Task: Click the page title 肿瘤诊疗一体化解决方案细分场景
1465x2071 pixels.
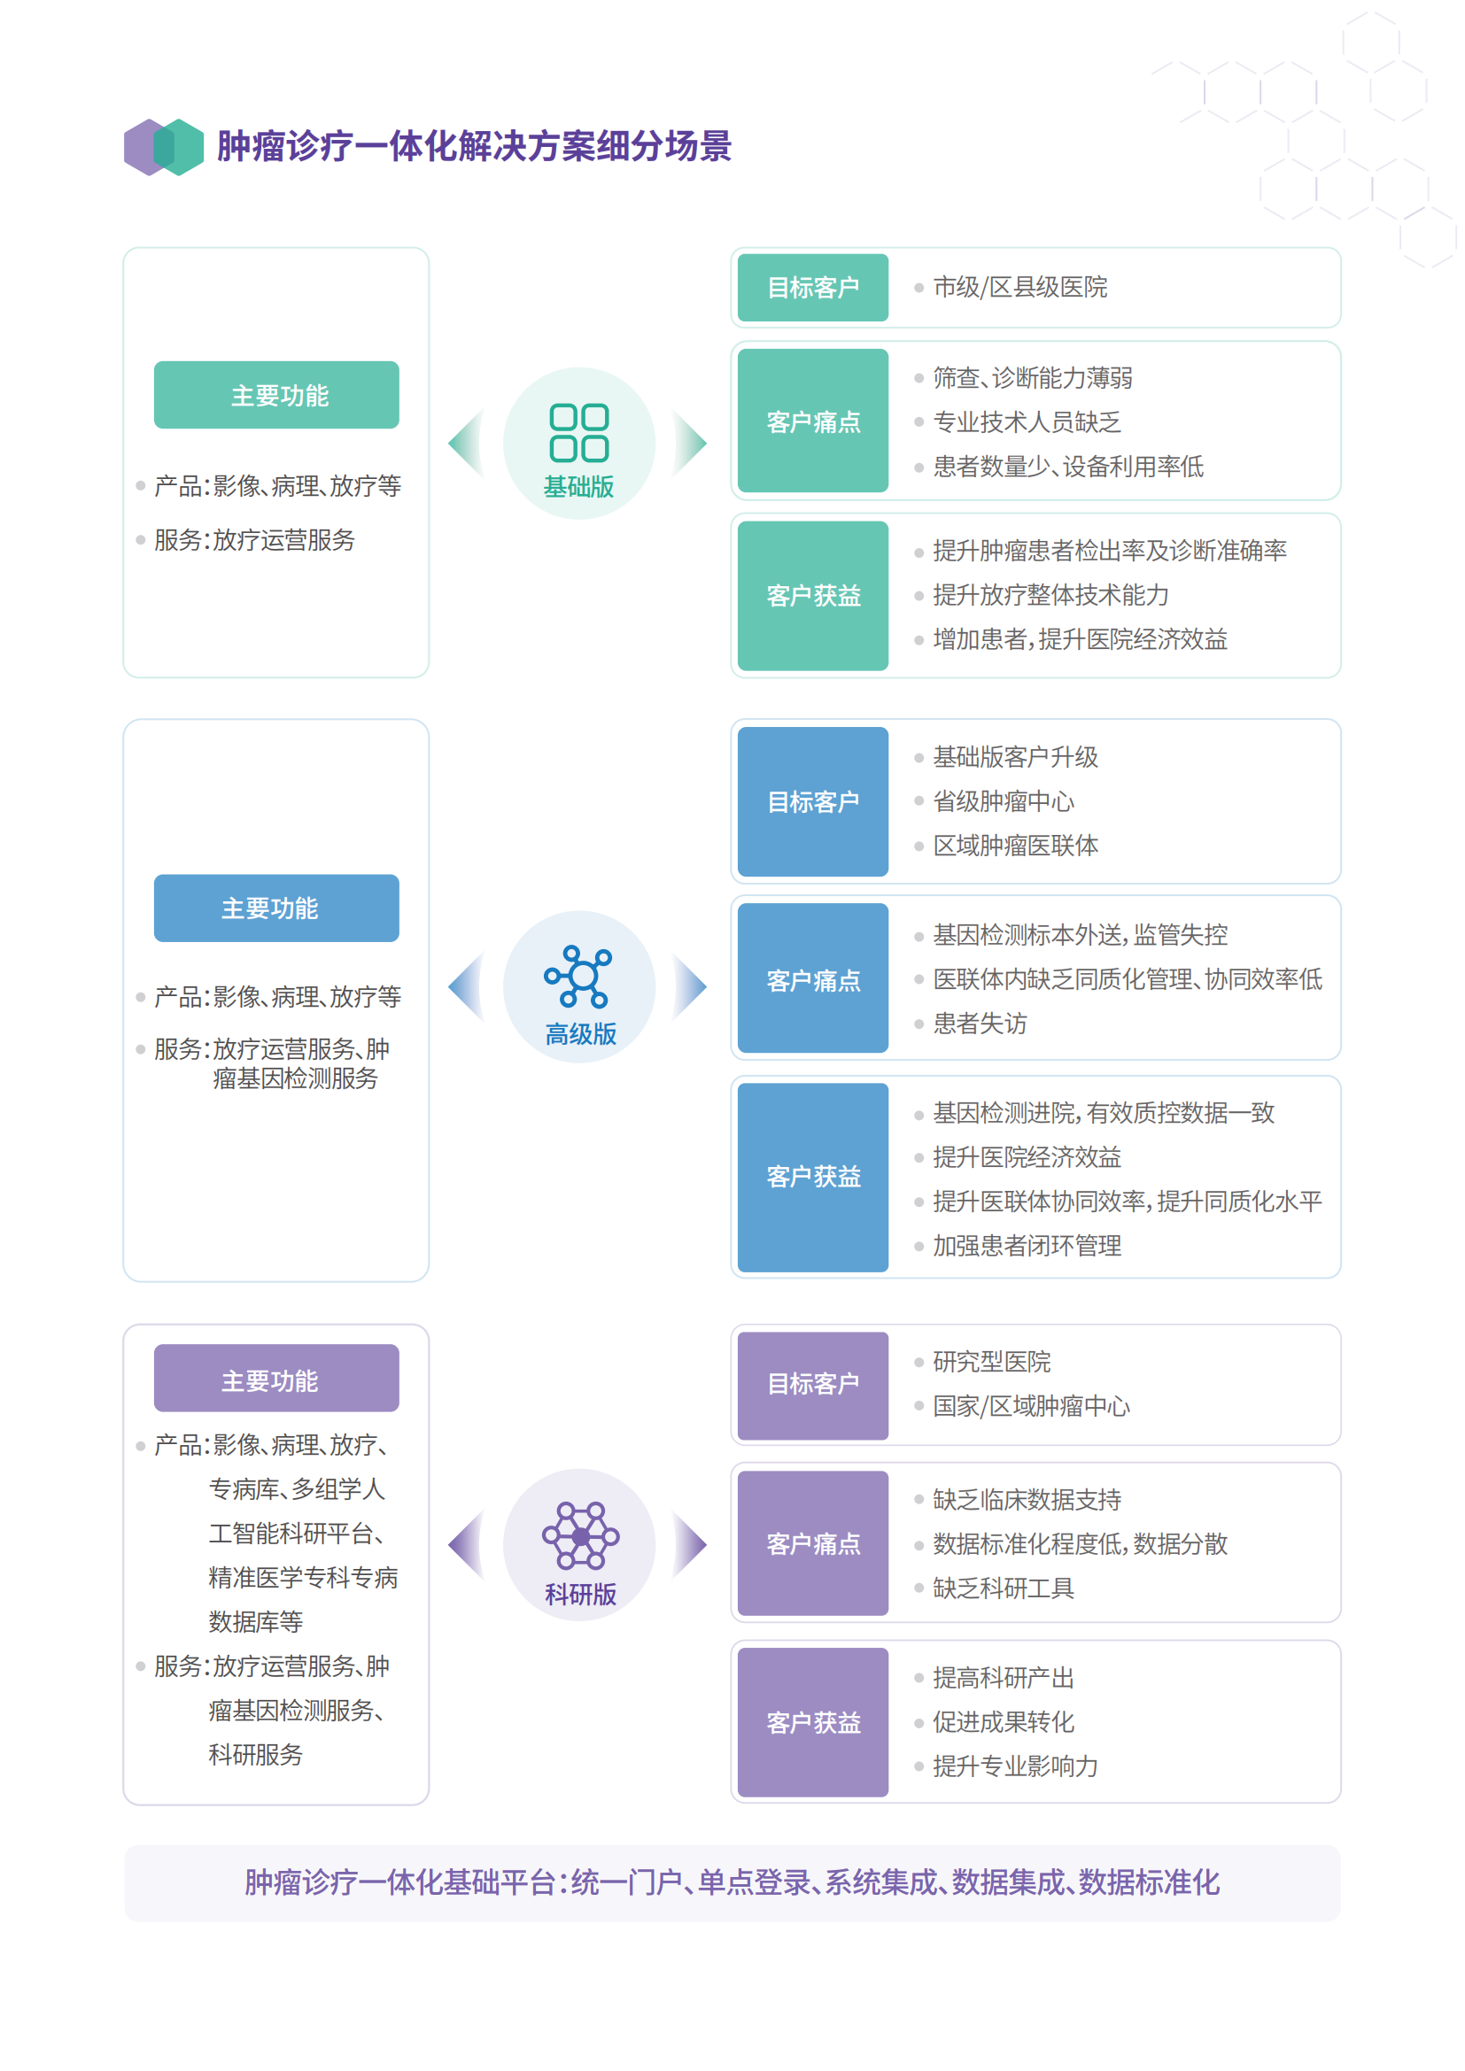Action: pyautogui.click(x=474, y=146)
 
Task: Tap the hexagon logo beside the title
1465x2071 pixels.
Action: pyautogui.click(x=163, y=147)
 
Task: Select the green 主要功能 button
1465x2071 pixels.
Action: pyautogui.click(x=276, y=395)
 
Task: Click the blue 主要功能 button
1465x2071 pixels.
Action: pyautogui.click(x=276, y=908)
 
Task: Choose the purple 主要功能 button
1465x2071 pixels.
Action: pyautogui.click(x=276, y=1379)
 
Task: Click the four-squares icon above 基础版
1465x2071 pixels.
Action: pyautogui.click(x=579, y=433)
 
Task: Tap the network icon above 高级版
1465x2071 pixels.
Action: pyautogui.click(x=578, y=977)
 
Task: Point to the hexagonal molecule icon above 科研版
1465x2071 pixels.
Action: pyautogui.click(x=580, y=1535)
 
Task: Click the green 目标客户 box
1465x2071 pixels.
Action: pyautogui.click(x=813, y=288)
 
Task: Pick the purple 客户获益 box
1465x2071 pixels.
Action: pyautogui.click(x=813, y=1722)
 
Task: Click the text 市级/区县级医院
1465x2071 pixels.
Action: pyautogui.click(x=1020, y=287)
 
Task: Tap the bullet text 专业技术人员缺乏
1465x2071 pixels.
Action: pyautogui.click(x=1027, y=422)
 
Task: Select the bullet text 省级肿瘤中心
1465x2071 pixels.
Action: pyautogui.click(x=1004, y=801)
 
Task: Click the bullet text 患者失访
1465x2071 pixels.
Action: pyautogui.click(x=980, y=1024)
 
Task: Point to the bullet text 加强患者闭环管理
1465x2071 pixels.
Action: pyautogui.click(x=1027, y=1246)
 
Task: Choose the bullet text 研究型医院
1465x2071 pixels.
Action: pyautogui.click(x=992, y=1362)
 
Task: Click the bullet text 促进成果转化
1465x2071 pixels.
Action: pyautogui.click(x=1004, y=1722)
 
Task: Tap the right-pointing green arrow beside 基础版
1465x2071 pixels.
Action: pyautogui.click(x=690, y=443)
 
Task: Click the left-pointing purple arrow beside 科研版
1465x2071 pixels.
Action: pyautogui.click(x=467, y=1544)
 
